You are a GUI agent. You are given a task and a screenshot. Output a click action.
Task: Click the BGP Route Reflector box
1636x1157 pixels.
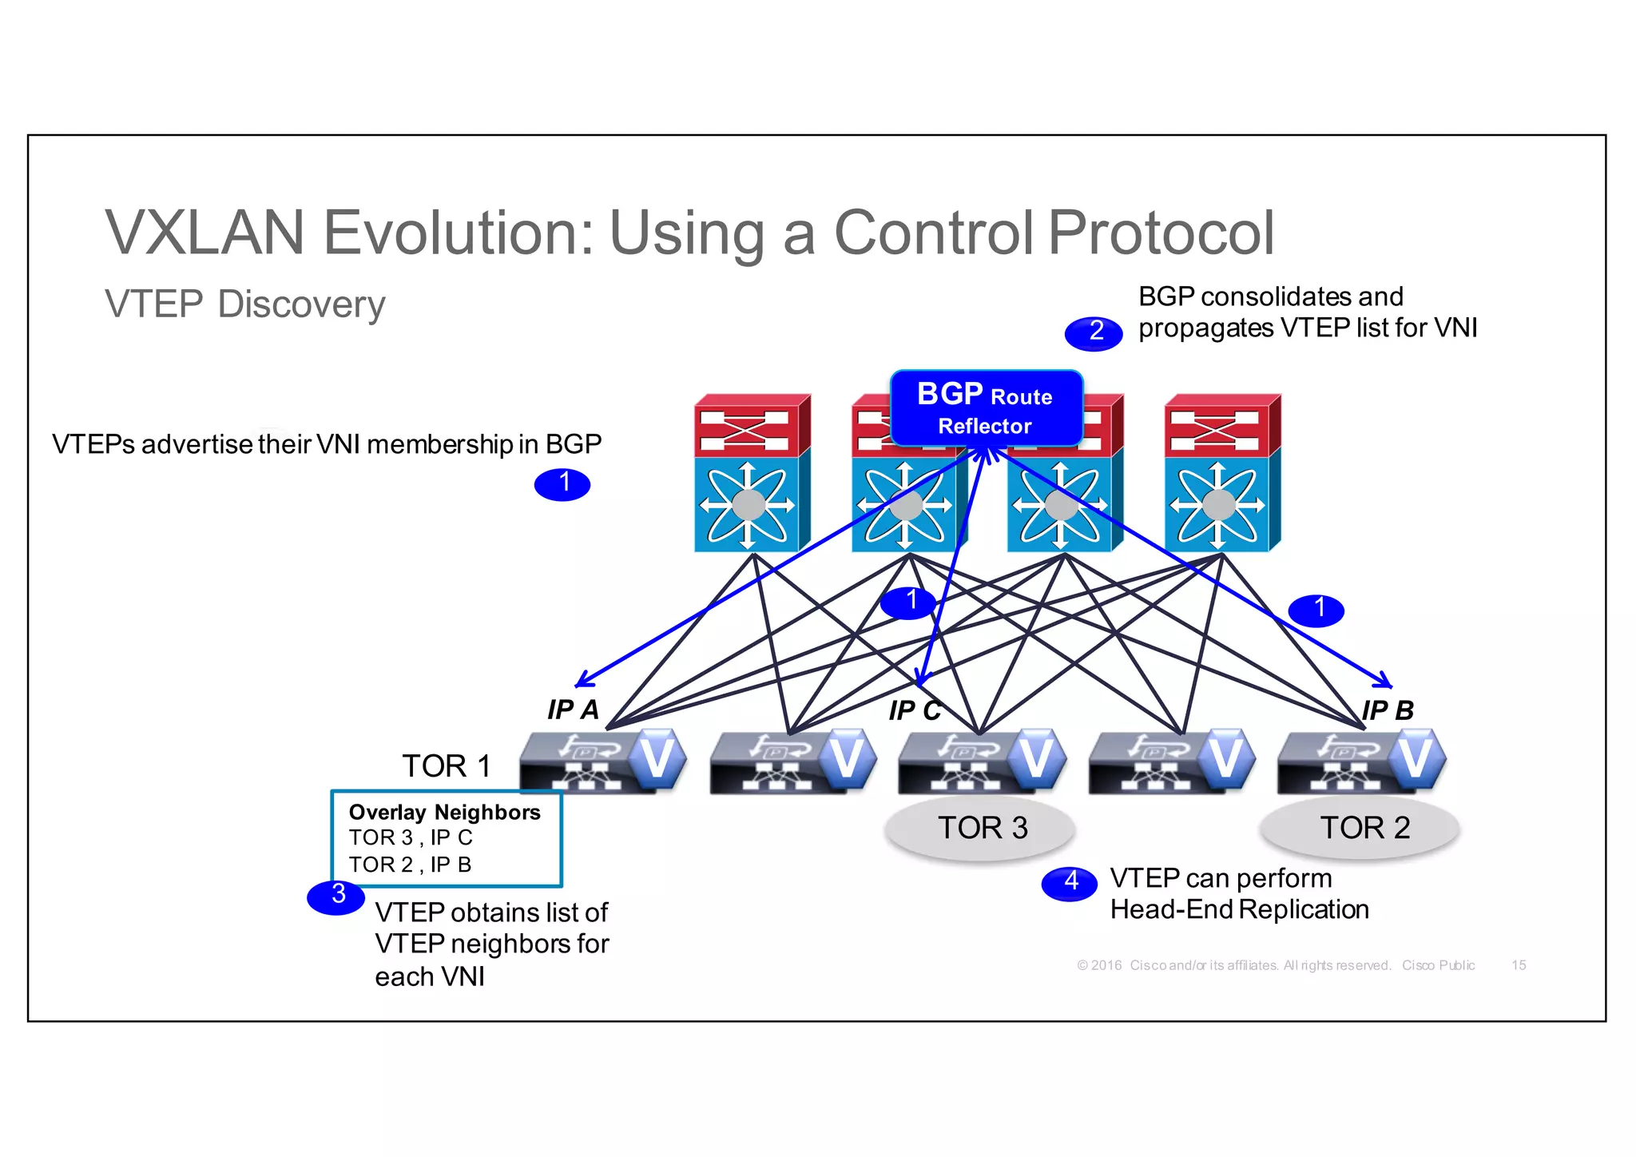(x=986, y=408)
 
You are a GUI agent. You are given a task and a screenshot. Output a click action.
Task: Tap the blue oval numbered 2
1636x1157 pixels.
(x=1094, y=332)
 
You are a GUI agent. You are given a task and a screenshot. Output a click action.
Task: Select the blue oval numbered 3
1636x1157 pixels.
(x=336, y=896)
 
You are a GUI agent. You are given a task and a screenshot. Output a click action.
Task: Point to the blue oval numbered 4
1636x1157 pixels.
(x=1069, y=883)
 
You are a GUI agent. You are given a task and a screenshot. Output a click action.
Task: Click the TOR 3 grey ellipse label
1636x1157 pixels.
(x=981, y=828)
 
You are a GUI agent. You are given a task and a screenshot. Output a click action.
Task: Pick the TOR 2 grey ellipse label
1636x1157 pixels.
(x=1363, y=828)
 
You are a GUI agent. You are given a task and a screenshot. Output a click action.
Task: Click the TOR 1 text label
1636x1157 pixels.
(x=446, y=765)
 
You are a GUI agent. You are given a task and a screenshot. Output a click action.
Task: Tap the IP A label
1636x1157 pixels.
(x=573, y=710)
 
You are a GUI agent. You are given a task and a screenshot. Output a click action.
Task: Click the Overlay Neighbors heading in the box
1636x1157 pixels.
(x=444, y=813)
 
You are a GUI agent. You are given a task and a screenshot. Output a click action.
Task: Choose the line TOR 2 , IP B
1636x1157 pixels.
(x=410, y=865)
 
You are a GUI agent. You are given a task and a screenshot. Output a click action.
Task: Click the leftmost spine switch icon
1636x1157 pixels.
(x=752, y=473)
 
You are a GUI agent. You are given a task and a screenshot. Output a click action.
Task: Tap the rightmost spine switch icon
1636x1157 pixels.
(x=1221, y=473)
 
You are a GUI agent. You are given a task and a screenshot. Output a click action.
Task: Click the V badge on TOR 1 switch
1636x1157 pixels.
(x=656, y=756)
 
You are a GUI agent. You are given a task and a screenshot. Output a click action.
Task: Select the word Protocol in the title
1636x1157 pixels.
(x=1160, y=233)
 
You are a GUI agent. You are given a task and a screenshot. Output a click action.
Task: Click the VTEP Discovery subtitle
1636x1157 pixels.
(x=244, y=304)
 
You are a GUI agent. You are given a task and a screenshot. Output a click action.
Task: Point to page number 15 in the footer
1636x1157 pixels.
(x=1518, y=965)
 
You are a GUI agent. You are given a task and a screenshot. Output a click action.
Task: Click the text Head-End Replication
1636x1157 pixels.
(x=1239, y=909)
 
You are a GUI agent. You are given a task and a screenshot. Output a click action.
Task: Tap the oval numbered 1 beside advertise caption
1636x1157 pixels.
(x=562, y=484)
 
